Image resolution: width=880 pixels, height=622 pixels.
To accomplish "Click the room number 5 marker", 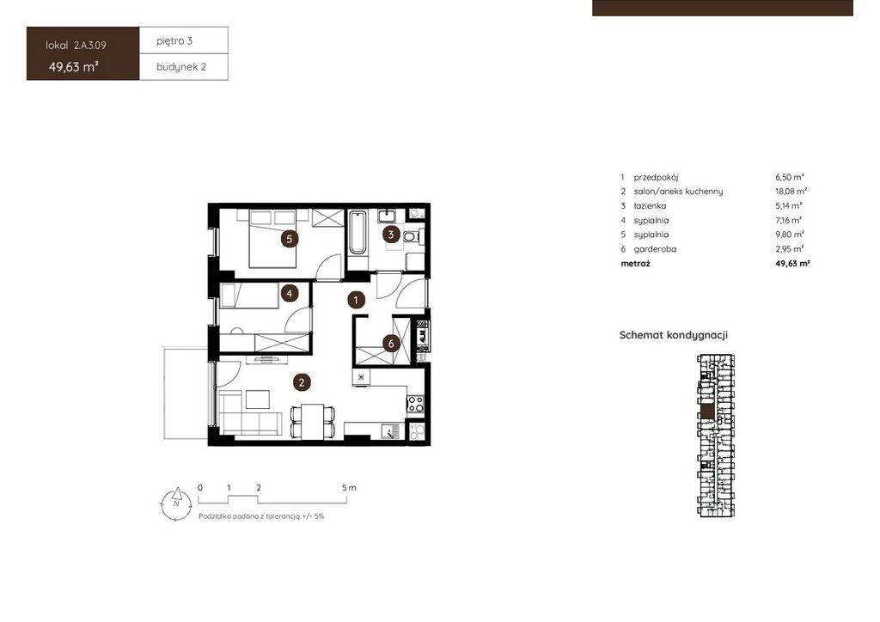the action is (289, 239).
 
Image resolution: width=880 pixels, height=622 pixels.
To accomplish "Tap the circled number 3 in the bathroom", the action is (391, 235).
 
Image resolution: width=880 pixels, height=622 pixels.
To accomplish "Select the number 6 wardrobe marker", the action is (391, 344).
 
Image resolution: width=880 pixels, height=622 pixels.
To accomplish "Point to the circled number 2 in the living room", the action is (302, 382).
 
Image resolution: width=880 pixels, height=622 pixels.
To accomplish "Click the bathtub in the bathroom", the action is (357, 233).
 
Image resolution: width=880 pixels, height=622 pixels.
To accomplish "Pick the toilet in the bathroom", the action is (413, 236).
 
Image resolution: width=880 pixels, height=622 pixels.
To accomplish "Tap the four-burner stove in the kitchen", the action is (415, 404).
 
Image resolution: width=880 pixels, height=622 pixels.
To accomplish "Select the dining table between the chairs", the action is (313, 422).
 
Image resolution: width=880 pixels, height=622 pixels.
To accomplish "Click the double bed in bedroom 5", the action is (272, 238).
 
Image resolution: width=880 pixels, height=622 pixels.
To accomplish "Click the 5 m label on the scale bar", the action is (349, 487).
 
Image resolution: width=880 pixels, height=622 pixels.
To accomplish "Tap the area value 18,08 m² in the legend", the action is (791, 192).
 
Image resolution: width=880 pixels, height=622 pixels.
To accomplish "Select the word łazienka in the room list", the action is (650, 206).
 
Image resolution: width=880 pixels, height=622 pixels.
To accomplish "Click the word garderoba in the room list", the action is (655, 249).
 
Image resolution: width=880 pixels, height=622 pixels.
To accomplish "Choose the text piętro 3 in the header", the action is (174, 40).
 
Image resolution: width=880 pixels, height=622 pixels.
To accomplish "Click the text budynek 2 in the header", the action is (181, 67).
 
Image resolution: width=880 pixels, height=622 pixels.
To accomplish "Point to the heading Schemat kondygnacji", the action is (674, 335).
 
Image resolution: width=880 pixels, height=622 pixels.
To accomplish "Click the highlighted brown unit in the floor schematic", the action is (708, 412).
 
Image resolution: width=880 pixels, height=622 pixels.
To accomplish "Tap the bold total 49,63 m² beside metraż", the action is (792, 263).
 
